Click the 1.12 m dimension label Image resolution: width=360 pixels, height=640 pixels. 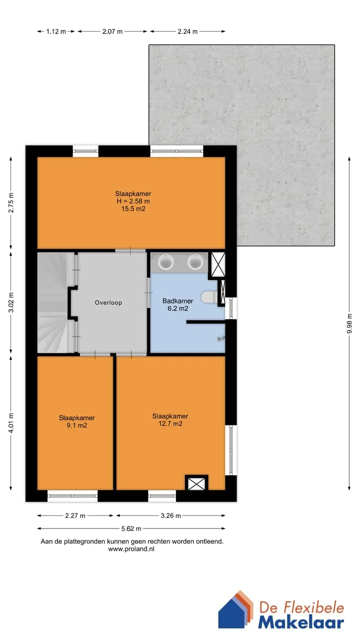tap(56, 31)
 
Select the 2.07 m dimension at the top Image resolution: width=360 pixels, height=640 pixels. tap(112, 31)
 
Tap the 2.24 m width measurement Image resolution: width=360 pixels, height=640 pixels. tap(187, 31)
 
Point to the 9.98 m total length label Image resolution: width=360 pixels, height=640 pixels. tap(349, 323)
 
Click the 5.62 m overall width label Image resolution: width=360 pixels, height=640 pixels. tap(131, 528)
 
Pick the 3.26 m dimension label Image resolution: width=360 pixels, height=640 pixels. tap(170, 515)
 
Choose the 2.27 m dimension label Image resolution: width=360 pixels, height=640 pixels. tap(75, 515)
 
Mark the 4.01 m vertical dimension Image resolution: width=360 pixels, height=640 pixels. tap(11, 423)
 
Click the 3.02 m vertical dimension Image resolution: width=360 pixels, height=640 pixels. tap(11, 302)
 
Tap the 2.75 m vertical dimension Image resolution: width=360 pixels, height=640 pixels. tap(11, 203)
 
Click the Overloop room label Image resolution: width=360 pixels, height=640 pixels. tap(108, 302)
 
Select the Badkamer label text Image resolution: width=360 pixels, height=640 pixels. tap(177, 301)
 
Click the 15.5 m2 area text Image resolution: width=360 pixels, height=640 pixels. tap(133, 209)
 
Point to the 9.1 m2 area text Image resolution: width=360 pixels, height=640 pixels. tap(77, 425)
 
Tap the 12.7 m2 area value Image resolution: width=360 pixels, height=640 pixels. tap(170, 423)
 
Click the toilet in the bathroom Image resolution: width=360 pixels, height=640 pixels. tap(209, 297)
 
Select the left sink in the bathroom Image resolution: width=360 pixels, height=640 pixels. tap(166, 261)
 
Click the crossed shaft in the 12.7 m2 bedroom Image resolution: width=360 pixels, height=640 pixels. tap(196, 483)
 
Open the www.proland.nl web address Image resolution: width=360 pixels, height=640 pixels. tap(131, 549)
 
